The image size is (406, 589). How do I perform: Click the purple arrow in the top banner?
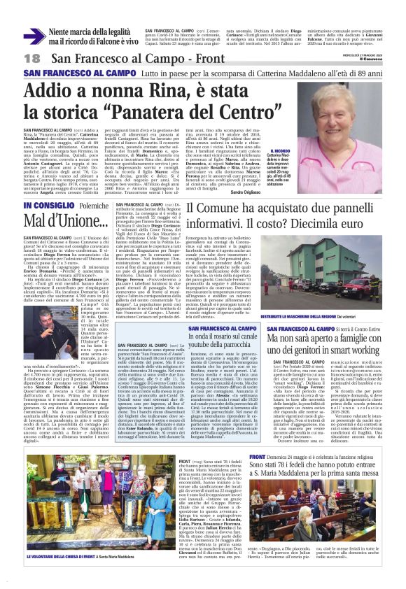click(34, 36)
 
